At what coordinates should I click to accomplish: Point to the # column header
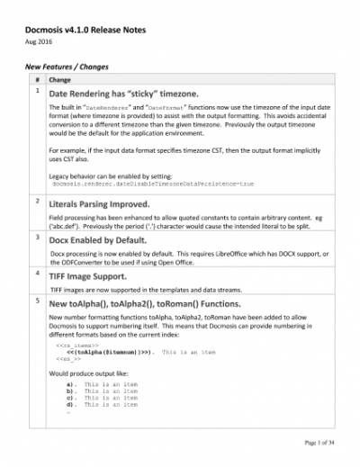pos(36,79)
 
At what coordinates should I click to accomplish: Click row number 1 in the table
pos(36,91)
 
